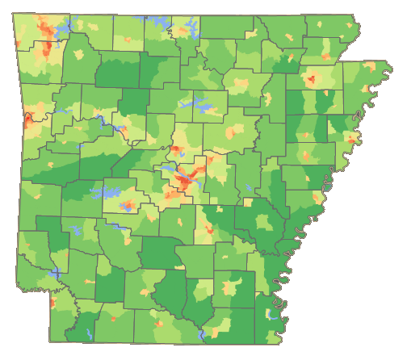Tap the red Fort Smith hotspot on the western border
pos(28,119)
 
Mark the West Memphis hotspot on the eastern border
pos(352,139)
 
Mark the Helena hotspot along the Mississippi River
pos(317,196)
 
